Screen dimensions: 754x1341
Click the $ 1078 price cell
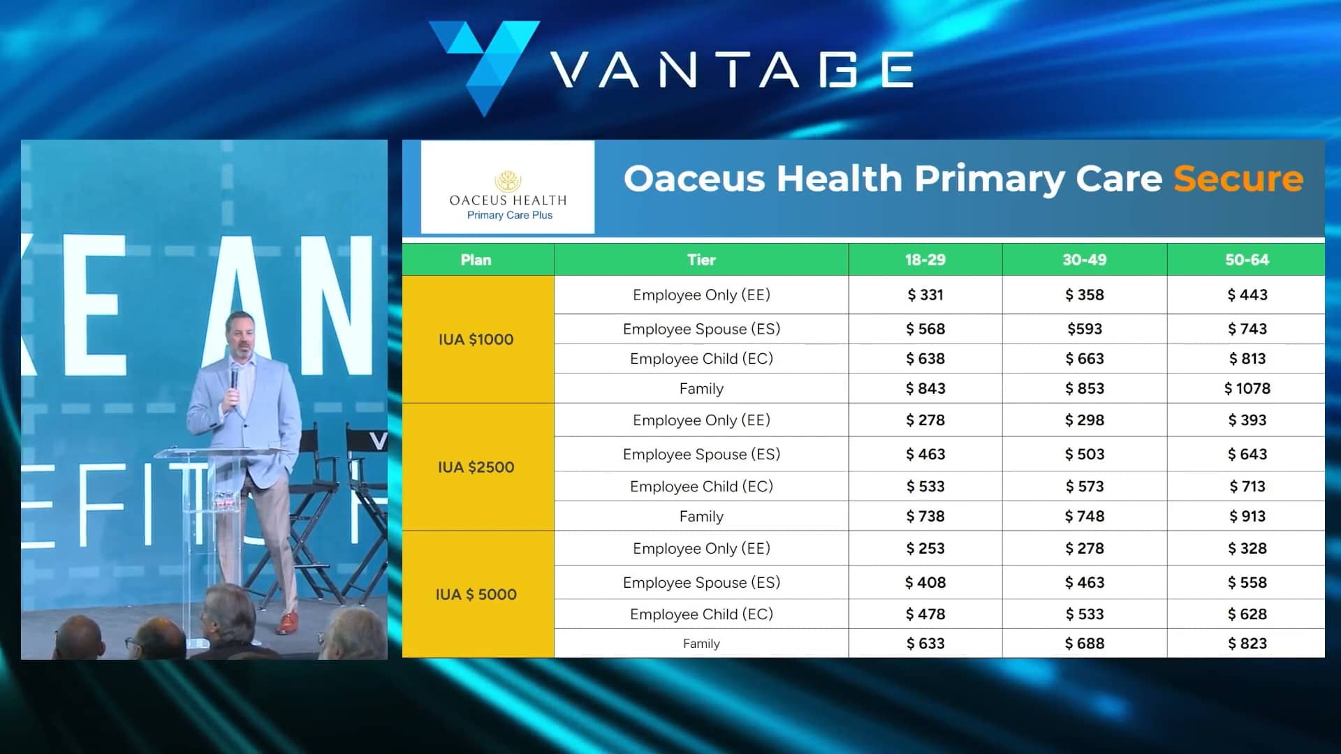pos(1247,389)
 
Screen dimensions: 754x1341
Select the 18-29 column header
pos(925,260)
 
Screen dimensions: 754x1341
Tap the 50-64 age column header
pos(1247,260)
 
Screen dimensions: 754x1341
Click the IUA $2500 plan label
pos(476,467)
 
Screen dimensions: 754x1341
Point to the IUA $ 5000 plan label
pos(476,595)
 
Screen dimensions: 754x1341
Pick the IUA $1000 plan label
pos(476,339)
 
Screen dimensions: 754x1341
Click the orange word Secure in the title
pos(1238,179)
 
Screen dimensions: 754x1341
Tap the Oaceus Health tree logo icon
pos(508,181)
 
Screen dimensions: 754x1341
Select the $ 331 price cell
pos(925,295)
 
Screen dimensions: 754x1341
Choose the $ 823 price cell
pos(1247,644)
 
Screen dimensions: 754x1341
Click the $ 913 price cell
pos(1247,517)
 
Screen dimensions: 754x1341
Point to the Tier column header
pos(701,260)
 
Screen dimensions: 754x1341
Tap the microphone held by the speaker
pos(235,377)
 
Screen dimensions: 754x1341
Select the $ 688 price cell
pos(1084,644)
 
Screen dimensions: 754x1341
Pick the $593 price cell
pos(1084,329)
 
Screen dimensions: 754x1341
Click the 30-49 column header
pos(1084,260)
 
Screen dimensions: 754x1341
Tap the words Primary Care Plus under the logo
pos(509,215)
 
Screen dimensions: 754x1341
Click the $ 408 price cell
pos(925,582)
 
